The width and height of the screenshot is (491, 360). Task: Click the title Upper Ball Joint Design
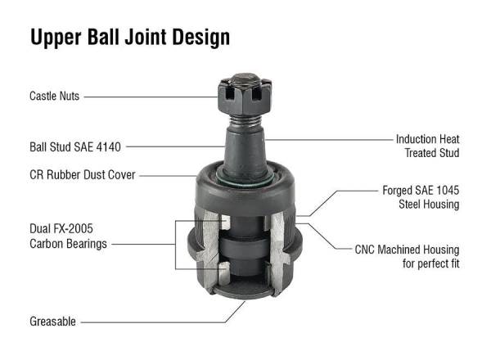[x=130, y=38]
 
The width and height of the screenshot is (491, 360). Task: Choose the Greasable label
[x=52, y=322]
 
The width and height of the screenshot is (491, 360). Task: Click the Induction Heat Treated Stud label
[x=427, y=146]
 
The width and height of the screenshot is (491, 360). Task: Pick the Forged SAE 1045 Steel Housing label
[x=421, y=197]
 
